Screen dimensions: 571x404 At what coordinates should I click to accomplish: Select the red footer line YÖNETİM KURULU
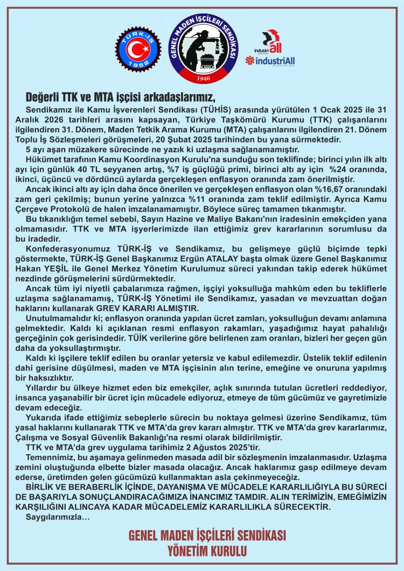click(x=207, y=551)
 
